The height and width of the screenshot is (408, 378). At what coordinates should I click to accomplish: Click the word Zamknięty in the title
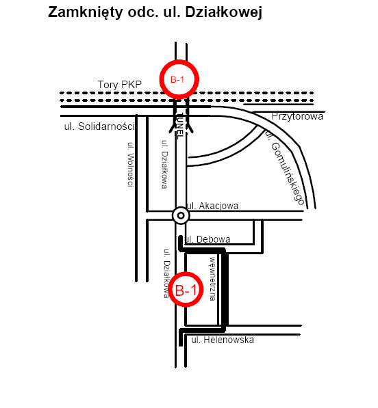pos(85,12)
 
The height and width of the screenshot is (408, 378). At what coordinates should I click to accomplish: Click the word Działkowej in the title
pos(224,12)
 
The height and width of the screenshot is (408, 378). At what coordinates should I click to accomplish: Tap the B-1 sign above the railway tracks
pos(179,79)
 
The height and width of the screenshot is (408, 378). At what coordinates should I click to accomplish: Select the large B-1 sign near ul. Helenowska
pos(186,289)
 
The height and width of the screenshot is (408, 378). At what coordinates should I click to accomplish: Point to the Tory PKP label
pos(120,85)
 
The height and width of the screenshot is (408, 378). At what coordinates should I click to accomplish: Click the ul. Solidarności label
pos(99,126)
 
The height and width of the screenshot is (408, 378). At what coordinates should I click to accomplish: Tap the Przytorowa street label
pos(297,116)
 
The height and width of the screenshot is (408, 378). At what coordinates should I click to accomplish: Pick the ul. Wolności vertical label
pos(131,165)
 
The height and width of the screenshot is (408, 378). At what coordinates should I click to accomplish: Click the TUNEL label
pos(180,126)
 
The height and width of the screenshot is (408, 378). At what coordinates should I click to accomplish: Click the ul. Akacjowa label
pos(212,206)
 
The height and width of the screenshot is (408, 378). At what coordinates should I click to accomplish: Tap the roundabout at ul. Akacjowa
pos(181,215)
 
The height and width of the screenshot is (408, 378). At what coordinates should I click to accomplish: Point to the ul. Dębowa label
pos(207,239)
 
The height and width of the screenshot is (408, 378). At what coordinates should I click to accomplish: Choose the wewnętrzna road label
pos(213,279)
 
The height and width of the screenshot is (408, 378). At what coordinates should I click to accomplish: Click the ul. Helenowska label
pos(223,340)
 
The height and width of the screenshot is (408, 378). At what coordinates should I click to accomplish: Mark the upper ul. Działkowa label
pos(164,164)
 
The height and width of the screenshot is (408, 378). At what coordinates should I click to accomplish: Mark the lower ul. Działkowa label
pos(166,273)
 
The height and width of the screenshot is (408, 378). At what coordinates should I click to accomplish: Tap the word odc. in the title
pos(143,12)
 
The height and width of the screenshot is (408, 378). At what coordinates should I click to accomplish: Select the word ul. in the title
pos(172,12)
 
